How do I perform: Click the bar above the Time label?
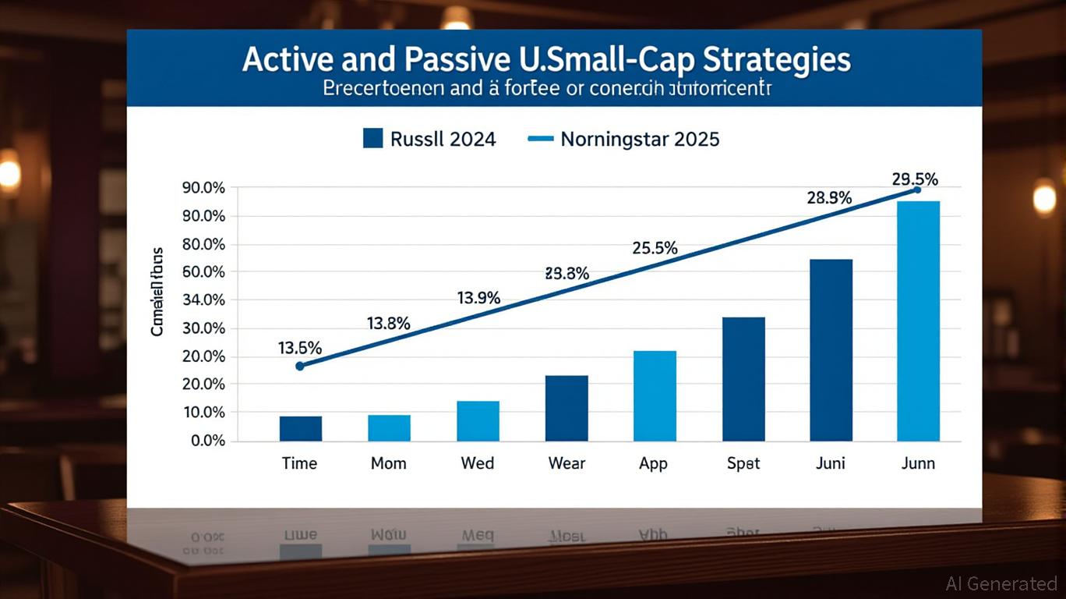300,428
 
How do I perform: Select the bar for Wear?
567,408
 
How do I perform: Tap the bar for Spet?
743,379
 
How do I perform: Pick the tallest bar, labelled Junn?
918,321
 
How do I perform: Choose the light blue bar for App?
655,395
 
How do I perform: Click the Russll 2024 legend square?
373,139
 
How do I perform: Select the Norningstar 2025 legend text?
639,140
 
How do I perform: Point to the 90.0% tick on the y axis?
203,188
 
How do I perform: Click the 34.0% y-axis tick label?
203,300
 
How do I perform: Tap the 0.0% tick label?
207,441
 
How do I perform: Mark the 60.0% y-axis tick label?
203,272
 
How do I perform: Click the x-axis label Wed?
478,463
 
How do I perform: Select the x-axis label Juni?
831,463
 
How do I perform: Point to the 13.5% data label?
300,349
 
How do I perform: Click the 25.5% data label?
655,249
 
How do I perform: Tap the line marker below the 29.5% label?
917,190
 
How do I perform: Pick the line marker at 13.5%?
300,365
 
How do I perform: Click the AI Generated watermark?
1001,583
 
